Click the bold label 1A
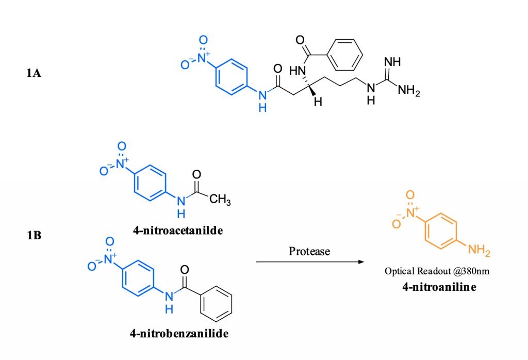pyautogui.click(x=34, y=73)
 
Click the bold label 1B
pyautogui.click(x=34, y=235)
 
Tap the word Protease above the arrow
pyautogui.click(x=309, y=251)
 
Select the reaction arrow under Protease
pyautogui.click(x=310, y=261)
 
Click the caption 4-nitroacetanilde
pyautogui.click(x=178, y=231)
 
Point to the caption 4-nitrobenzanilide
pyautogui.click(x=179, y=333)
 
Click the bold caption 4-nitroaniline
pyautogui.click(x=439, y=287)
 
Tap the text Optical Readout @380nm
pyautogui.click(x=437, y=271)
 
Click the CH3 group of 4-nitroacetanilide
pyautogui.click(x=220, y=199)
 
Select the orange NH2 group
pyautogui.click(x=479, y=250)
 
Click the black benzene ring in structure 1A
pyautogui.click(x=344, y=55)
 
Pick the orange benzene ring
pyautogui.click(x=441, y=231)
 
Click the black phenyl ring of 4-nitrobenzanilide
pyautogui.click(x=216, y=304)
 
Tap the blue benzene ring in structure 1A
pyautogui.click(x=232, y=77)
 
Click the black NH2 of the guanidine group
pyautogui.click(x=409, y=90)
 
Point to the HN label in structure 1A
pyautogui.click(x=298, y=71)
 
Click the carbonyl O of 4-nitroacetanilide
pyautogui.click(x=196, y=174)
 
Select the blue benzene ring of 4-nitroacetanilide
pyautogui.click(x=150, y=183)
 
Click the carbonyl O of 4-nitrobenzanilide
pyautogui.click(x=185, y=269)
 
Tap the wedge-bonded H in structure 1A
pyautogui.click(x=318, y=102)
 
